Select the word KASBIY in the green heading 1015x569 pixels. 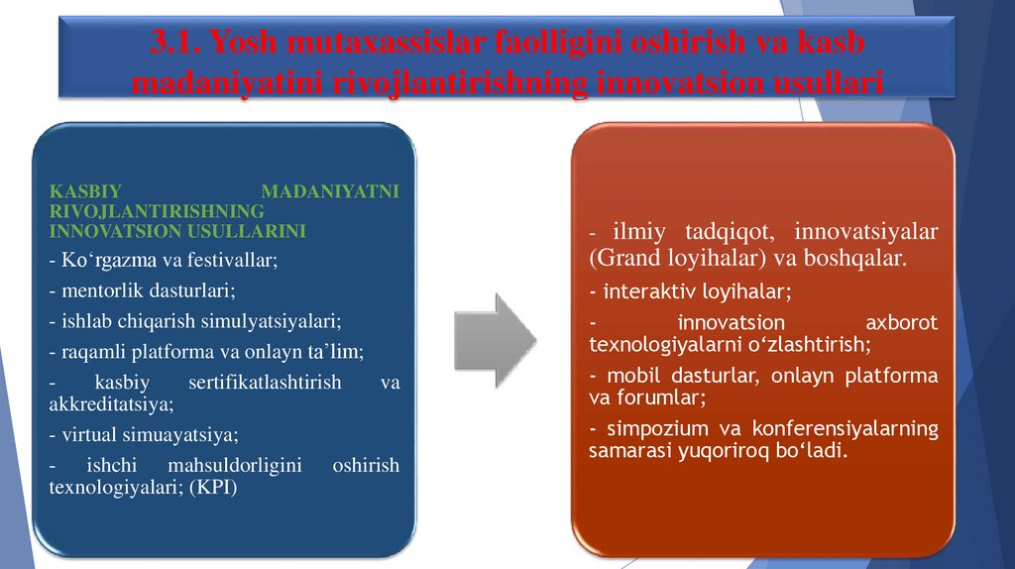[82, 192]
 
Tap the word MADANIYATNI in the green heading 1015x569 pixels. [330, 192]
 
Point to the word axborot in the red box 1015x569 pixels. [901, 322]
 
